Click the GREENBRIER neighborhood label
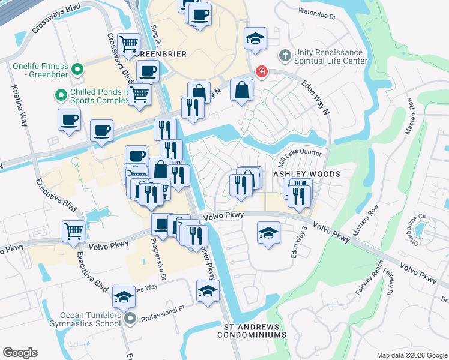click(x=160, y=54)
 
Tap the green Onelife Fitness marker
click(x=77, y=70)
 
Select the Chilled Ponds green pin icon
click(x=61, y=95)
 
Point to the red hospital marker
click(x=261, y=73)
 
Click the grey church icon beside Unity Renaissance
click(x=285, y=56)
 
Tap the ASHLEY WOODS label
click(x=307, y=174)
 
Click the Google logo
click(x=20, y=353)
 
